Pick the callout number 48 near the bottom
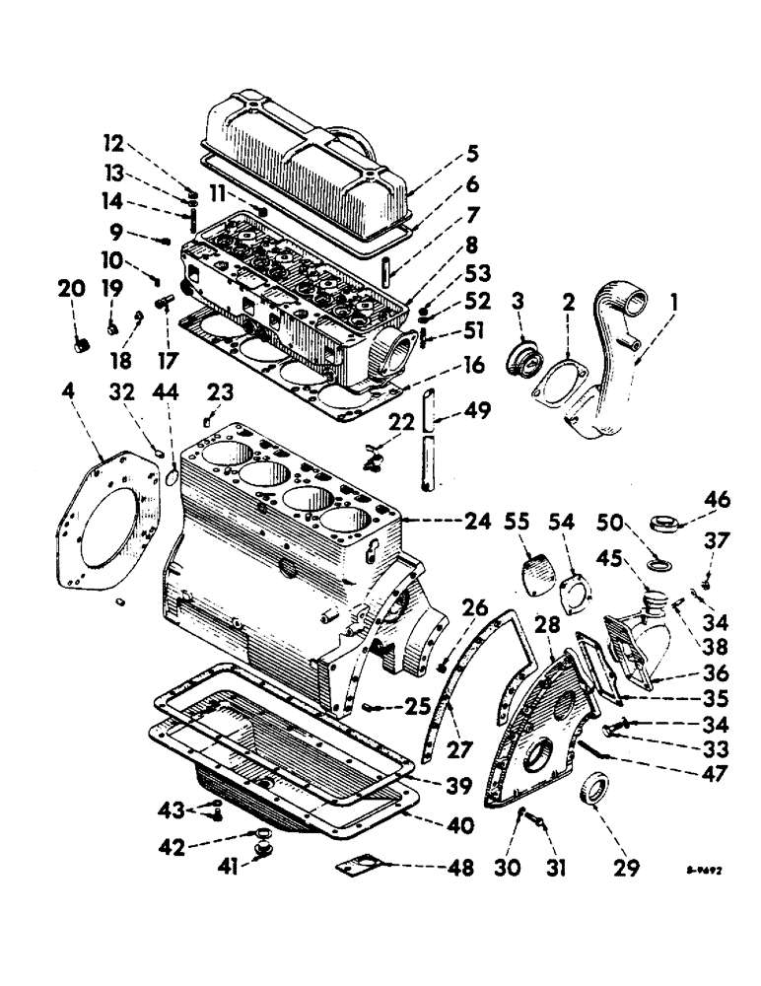point(457,869)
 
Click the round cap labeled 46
point(660,522)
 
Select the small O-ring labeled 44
point(172,477)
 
